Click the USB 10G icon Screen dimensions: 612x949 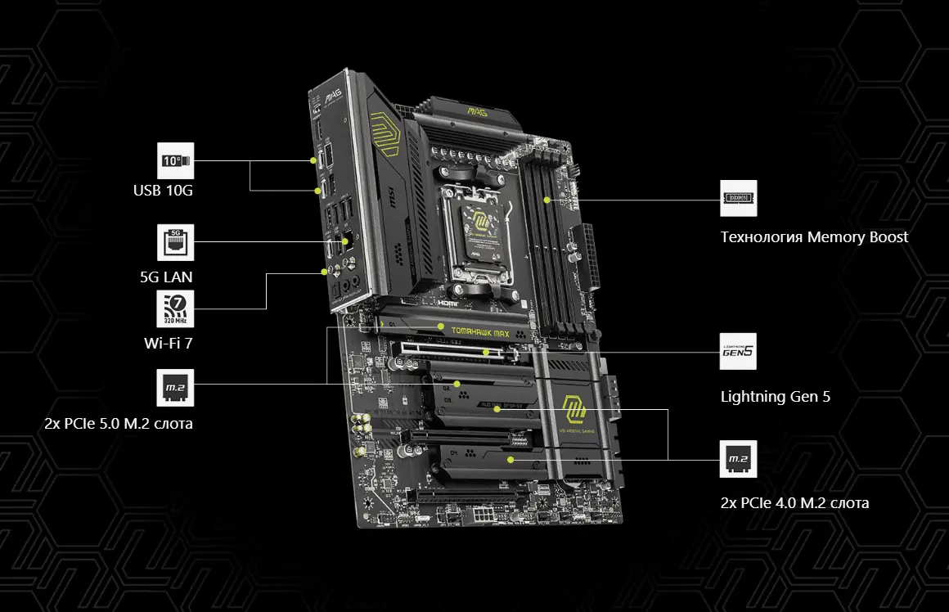point(175,161)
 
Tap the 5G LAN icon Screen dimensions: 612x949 point(175,242)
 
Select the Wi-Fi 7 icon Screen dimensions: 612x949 point(175,309)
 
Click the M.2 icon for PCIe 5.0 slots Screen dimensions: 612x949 point(175,388)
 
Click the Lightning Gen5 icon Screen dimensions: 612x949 point(739,353)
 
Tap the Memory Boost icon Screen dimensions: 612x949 point(739,199)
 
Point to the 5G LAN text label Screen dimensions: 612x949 point(166,277)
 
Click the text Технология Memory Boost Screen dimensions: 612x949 point(814,237)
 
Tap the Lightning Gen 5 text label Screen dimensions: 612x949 point(775,397)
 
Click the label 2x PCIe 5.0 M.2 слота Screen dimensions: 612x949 point(119,424)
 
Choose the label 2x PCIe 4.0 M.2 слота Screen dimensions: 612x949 point(794,502)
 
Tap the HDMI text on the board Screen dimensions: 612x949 point(449,302)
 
